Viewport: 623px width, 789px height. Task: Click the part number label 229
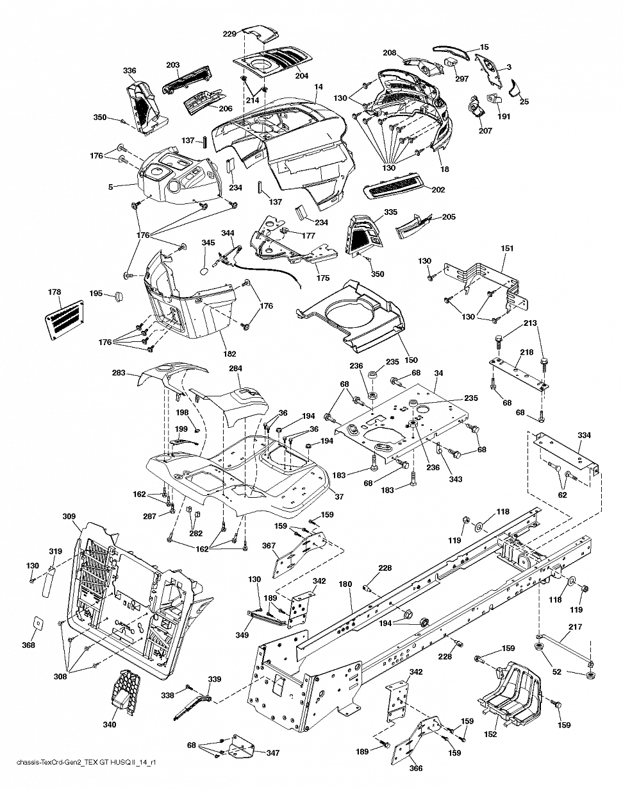(229, 34)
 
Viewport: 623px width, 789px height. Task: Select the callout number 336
(129, 71)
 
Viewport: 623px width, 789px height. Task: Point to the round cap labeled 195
(118, 296)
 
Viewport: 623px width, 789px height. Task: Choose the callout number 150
(411, 360)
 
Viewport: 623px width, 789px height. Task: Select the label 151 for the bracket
(507, 248)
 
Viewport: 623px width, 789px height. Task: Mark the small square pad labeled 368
(38, 624)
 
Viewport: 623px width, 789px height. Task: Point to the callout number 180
(345, 584)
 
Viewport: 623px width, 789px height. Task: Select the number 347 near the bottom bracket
(273, 752)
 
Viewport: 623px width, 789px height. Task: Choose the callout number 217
(575, 627)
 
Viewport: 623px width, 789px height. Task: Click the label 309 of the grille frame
(69, 516)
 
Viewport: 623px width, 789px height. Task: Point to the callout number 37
(339, 496)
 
